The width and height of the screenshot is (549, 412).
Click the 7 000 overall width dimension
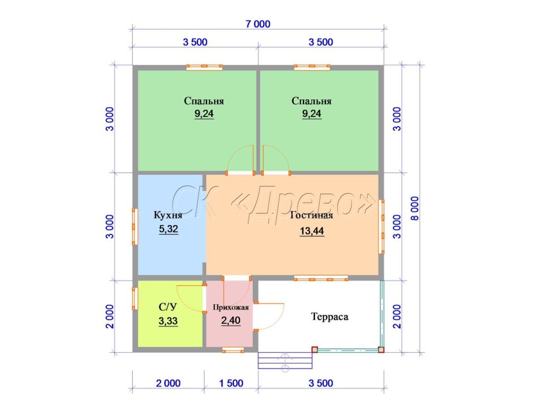pyautogui.click(x=258, y=24)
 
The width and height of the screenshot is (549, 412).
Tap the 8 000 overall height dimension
pyautogui.click(x=414, y=209)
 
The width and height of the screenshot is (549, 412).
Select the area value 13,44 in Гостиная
pyautogui.click(x=312, y=232)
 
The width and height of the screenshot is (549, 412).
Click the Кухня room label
pyautogui.click(x=168, y=215)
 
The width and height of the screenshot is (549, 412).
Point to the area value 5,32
pyautogui.click(x=168, y=229)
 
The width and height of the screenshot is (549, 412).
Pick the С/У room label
pyautogui.click(x=168, y=307)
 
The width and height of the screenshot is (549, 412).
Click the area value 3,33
pyautogui.click(x=168, y=321)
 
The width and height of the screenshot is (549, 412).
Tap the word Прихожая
pyautogui.click(x=230, y=307)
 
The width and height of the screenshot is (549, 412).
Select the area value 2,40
pyautogui.click(x=230, y=320)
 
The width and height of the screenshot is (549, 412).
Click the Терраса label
pyautogui.click(x=330, y=317)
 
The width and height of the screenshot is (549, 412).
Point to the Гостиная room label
pyautogui.click(x=312, y=215)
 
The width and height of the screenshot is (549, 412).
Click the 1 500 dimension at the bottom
pyautogui.click(x=231, y=383)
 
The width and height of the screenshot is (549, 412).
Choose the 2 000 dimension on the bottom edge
pyautogui.click(x=168, y=383)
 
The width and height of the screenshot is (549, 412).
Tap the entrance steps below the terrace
pyautogui.click(x=285, y=361)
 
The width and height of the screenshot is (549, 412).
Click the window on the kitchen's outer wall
pyautogui.click(x=135, y=226)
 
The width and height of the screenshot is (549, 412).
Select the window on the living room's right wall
pyautogui.click(x=382, y=226)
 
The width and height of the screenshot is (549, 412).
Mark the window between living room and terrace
pyautogui.click(x=321, y=278)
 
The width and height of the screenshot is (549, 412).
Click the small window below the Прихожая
pyautogui.click(x=233, y=350)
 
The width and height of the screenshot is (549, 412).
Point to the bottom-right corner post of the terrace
pyautogui.click(x=381, y=349)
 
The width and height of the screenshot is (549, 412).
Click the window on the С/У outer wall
pyautogui.click(x=135, y=299)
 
